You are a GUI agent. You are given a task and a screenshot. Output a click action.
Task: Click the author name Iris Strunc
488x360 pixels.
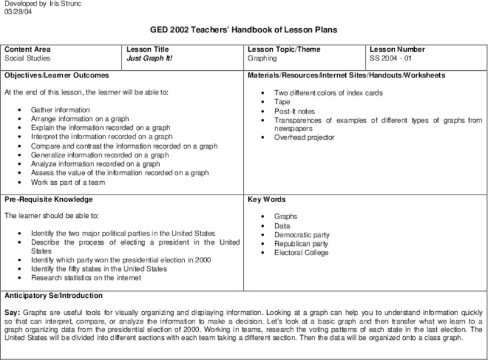(x=59, y=4)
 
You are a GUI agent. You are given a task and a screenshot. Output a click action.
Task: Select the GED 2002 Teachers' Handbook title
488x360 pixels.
(x=243, y=29)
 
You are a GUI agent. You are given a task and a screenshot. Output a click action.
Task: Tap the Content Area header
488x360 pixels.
(x=27, y=49)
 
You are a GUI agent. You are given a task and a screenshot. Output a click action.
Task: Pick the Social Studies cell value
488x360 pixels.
(x=27, y=59)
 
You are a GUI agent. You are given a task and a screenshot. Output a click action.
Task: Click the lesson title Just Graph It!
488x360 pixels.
(x=149, y=59)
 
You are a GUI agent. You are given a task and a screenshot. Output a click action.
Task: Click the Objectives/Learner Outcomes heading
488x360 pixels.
(x=57, y=75)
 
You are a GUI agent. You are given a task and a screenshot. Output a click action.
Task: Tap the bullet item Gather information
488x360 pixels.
(x=60, y=110)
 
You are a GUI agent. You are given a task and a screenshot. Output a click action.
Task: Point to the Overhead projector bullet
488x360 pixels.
(x=304, y=137)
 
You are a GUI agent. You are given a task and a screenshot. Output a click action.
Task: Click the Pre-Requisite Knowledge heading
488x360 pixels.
(x=48, y=200)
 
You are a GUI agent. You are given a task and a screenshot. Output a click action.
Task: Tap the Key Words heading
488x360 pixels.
(x=267, y=200)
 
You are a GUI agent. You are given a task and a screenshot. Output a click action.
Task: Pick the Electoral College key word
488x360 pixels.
(x=301, y=253)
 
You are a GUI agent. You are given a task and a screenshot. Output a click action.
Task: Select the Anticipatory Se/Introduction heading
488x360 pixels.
(x=54, y=295)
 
